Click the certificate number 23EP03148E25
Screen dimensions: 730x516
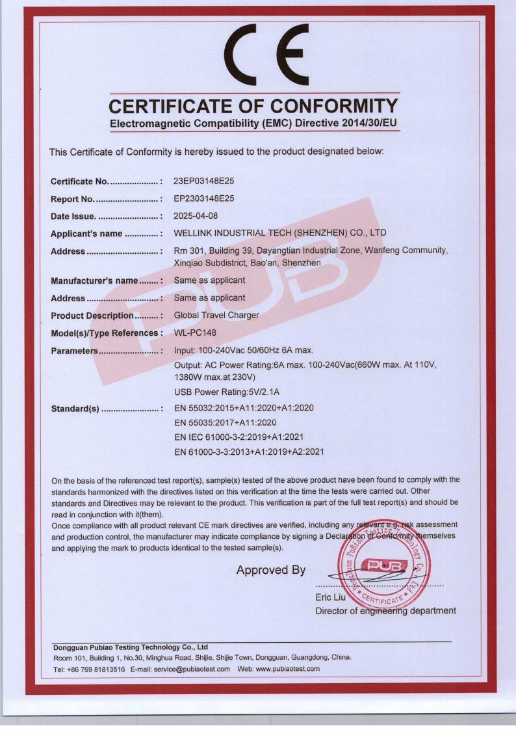207,181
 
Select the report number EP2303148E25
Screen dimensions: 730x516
207,198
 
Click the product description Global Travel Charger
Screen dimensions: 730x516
217,316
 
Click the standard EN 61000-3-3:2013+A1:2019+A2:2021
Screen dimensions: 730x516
250,451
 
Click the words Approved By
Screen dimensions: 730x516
271,571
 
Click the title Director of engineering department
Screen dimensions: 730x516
385,611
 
